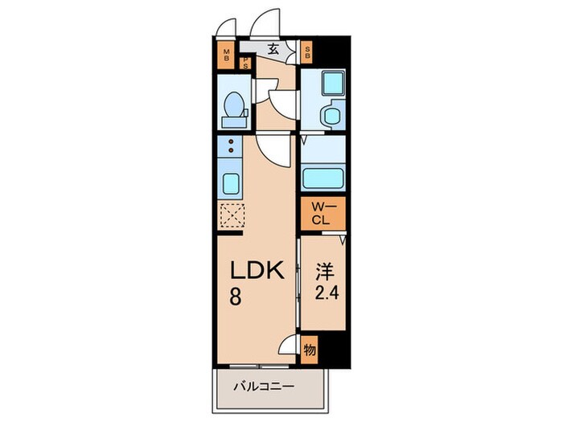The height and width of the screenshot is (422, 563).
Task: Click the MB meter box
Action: (x=227, y=56)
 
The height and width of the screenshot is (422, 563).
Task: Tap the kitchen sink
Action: (x=230, y=182)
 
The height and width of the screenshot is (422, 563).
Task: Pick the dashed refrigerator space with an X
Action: (x=232, y=215)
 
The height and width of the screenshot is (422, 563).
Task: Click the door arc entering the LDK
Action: (x=273, y=148)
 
